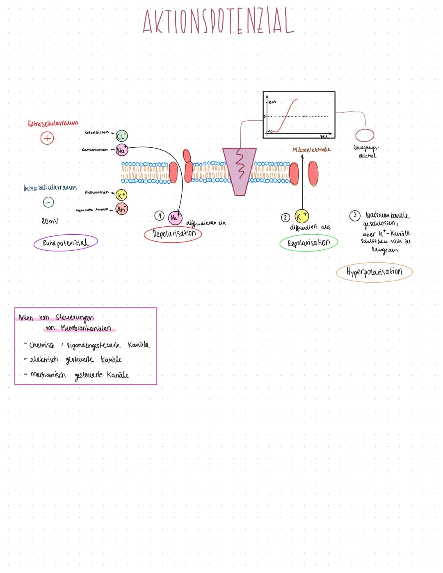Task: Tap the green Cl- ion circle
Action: (x=122, y=136)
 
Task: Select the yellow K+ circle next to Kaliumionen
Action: (x=121, y=195)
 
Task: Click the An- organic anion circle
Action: (x=121, y=209)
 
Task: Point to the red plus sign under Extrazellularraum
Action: (x=47, y=138)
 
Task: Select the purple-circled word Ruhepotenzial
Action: (x=66, y=242)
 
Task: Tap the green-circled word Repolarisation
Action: (x=308, y=243)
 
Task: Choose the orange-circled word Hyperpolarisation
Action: (x=374, y=272)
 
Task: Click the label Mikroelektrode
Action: (x=312, y=150)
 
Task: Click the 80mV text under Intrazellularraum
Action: (x=50, y=221)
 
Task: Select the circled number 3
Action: (x=355, y=215)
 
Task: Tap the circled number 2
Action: (x=285, y=217)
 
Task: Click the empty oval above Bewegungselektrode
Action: (x=365, y=135)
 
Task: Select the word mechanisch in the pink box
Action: (x=48, y=375)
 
